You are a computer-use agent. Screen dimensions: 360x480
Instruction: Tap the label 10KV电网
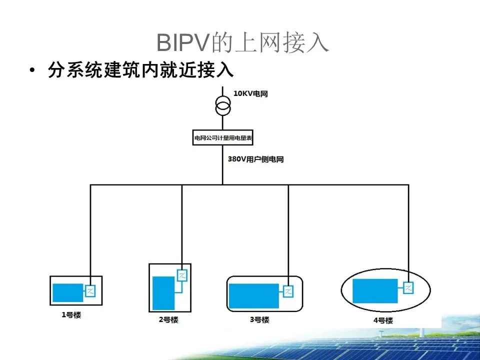250,94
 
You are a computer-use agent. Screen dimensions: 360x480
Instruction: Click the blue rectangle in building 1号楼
68,292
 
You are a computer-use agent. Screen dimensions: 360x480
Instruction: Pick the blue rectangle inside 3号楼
253,295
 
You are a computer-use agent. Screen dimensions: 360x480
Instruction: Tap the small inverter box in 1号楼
90,291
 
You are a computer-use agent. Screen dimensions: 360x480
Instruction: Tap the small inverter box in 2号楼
182,275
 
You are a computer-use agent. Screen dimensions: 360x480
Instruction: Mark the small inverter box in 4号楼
409,287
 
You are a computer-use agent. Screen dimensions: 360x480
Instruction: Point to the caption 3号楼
259,320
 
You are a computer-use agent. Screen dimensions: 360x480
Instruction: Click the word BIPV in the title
182,43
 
